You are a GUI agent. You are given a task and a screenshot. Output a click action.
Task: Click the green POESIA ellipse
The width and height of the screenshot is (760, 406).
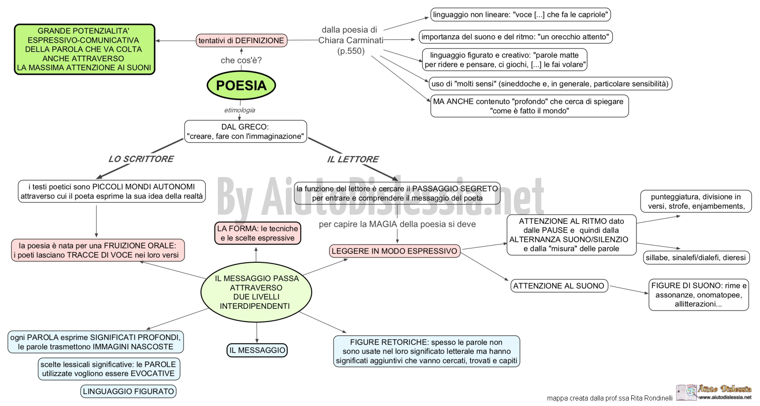coord(241,85)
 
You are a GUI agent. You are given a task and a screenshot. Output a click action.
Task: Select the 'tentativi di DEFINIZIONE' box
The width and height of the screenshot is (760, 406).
coord(242,41)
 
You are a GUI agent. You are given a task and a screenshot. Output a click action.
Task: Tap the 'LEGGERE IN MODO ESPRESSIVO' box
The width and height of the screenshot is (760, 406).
coord(394,251)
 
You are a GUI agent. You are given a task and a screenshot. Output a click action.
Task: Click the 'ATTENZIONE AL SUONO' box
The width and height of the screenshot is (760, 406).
coord(559,286)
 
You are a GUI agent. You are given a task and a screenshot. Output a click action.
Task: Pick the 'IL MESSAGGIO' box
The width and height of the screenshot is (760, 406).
coord(257,350)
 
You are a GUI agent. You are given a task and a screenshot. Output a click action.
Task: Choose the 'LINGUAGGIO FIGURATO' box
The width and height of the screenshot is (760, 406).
coord(128,391)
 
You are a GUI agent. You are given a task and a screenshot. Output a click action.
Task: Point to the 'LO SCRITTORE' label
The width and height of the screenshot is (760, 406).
coord(141,159)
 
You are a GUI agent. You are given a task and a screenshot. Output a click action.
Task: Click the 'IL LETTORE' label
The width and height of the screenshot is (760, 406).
coord(353,159)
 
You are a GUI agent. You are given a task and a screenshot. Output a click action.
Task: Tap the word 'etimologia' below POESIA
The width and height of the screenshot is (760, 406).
coord(239,110)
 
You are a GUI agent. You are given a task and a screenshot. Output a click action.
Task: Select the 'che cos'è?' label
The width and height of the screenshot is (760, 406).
coord(241,60)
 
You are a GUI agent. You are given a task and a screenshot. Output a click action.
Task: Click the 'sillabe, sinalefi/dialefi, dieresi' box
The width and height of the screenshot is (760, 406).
coord(696,258)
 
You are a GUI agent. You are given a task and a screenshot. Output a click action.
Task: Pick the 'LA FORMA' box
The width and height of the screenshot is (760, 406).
coord(258,233)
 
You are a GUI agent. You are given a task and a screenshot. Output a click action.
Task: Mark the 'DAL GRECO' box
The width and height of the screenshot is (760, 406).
coord(245,131)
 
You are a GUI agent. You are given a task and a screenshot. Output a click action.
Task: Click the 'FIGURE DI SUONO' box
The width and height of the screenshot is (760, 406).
coord(699,294)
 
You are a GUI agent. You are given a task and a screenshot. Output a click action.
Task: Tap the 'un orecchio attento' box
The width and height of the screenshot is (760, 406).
coord(515,37)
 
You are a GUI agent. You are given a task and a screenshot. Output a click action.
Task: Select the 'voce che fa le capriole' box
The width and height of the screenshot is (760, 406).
coord(521,15)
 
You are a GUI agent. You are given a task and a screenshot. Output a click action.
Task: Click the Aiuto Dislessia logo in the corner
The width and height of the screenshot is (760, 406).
coord(714,392)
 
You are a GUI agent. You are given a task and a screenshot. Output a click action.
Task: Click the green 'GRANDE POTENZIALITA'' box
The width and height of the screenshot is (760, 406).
coord(84,49)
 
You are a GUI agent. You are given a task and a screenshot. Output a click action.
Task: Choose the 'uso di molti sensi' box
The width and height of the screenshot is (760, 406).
coord(550,84)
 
